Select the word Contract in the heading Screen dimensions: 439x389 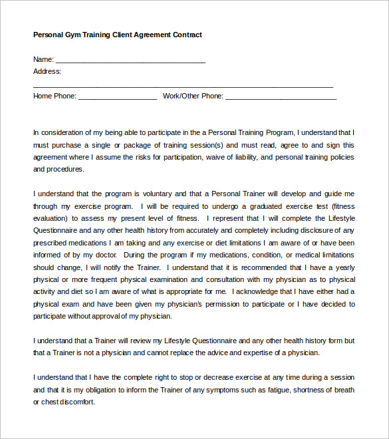pyautogui.click(x=187, y=35)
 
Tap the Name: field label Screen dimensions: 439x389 pyautogui.click(x=43, y=59)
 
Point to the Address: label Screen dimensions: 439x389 pyautogui.click(x=47, y=71)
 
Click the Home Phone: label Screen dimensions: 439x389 pyautogui.click(x=55, y=96)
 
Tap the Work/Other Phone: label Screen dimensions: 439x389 pyautogui.click(x=193, y=96)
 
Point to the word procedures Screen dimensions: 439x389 pyautogui.click(x=65, y=169)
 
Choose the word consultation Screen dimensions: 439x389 pyautogui.click(x=220, y=279)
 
